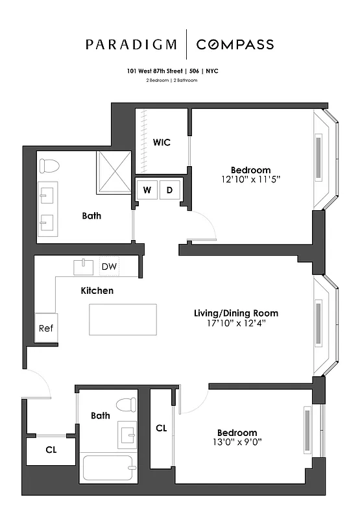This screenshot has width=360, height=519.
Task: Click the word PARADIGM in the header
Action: pos(131,45)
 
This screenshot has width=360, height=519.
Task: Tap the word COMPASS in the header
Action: pos(235,45)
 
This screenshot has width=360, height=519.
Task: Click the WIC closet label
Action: pos(162,142)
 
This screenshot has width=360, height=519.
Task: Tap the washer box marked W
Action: pos(147,190)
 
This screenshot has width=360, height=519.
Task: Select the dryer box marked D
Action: pos(170,190)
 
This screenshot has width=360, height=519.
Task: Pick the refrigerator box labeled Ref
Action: pos(45,328)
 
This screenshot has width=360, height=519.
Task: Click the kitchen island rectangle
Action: pos(123,319)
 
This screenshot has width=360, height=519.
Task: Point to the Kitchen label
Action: pos(97,291)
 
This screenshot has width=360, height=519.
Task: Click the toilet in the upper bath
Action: pos(46,166)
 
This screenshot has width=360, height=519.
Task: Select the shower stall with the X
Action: pos(114,173)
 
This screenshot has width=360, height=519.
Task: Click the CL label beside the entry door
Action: pos(50,449)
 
